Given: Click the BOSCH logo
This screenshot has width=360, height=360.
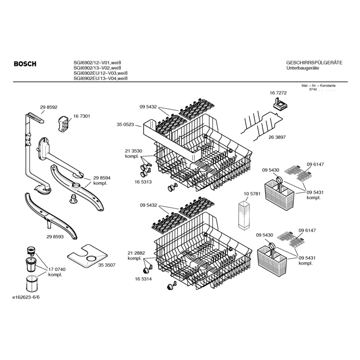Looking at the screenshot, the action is [25, 64].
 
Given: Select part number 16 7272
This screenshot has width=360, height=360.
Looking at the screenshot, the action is [278, 93].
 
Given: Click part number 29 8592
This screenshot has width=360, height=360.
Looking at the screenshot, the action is [49, 107].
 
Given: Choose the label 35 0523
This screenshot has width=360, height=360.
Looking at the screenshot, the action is [125, 124].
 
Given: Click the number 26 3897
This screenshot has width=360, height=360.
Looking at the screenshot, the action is [277, 137].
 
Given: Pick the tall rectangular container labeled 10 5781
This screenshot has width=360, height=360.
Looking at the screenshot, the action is [244, 215].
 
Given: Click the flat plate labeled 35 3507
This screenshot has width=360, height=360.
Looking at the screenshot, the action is [87, 256].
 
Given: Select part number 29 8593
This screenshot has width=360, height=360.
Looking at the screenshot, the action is [55, 237].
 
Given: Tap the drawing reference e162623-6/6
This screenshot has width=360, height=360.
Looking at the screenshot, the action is [26, 297].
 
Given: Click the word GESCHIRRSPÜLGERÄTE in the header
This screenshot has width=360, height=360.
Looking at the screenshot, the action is [314, 63].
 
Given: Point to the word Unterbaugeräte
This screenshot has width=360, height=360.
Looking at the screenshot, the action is [303, 68].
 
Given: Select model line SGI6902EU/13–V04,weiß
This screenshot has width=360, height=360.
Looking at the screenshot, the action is [100, 78].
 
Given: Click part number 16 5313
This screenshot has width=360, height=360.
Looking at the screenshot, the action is [143, 182].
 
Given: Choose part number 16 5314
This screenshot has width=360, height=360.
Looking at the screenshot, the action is [143, 279].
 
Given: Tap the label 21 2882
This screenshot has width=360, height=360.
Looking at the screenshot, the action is [136, 253].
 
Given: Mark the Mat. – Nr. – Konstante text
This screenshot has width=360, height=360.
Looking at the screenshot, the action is [319, 86].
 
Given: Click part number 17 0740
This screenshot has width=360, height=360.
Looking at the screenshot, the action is [57, 269].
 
